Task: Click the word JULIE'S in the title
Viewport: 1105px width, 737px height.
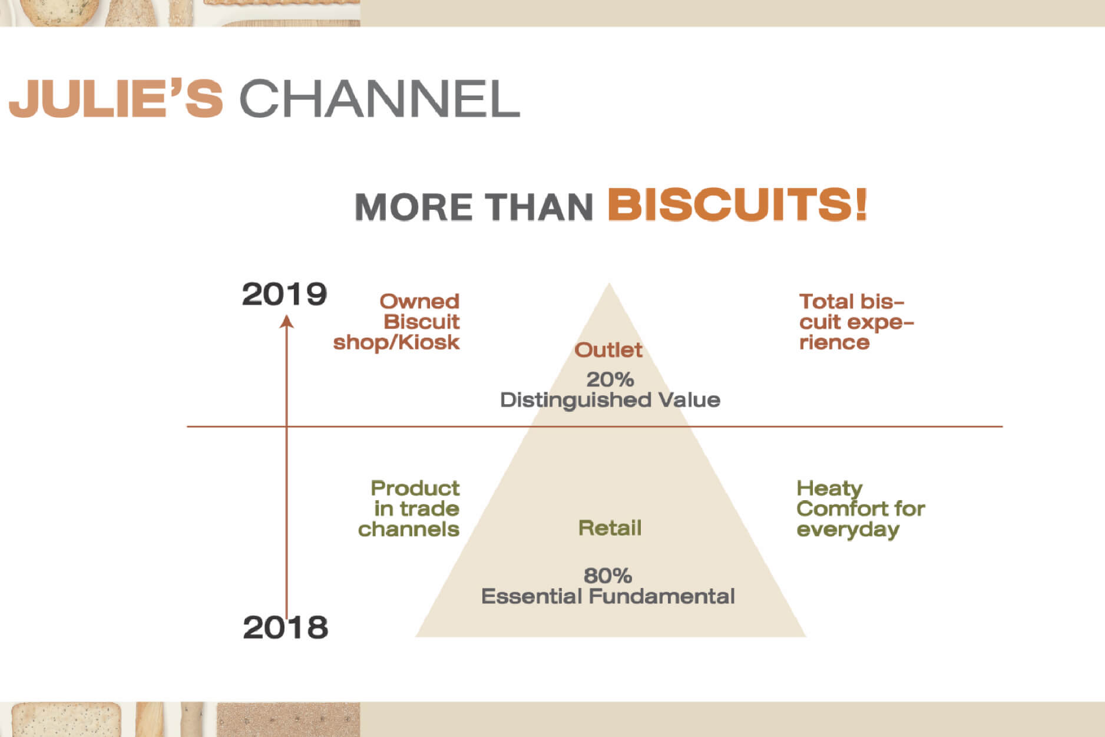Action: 116,98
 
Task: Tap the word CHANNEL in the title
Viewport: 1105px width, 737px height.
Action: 380,98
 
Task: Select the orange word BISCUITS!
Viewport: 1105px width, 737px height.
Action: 737,204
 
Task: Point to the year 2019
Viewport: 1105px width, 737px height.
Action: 284,294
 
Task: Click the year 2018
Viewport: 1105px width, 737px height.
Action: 286,627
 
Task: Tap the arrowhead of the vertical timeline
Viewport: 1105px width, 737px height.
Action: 286,321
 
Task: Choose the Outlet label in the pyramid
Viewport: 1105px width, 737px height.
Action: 608,350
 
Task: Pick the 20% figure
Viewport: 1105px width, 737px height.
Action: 610,379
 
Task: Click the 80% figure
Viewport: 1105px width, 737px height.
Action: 608,575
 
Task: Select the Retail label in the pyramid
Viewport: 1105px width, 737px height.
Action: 610,528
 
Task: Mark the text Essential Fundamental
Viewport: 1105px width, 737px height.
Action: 608,596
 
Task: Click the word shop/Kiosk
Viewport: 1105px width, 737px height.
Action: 396,342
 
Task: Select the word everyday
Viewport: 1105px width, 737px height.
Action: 848,530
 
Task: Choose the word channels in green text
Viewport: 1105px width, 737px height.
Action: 409,529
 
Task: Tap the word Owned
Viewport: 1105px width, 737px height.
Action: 419,302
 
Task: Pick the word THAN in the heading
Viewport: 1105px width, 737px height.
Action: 538,207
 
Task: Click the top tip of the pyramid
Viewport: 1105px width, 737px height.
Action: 609,283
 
